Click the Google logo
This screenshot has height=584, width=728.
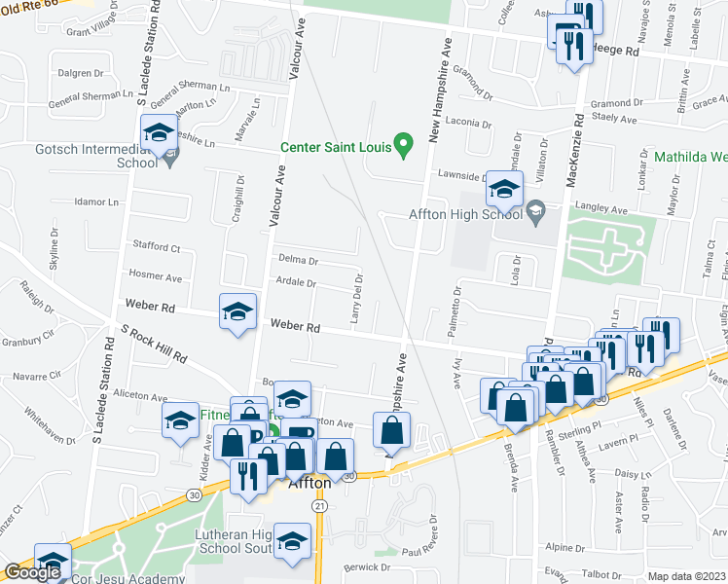click(x=32, y=572)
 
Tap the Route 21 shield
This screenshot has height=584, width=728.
click(x=319, y=506)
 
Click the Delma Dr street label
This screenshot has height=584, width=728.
click(x=298, y=260)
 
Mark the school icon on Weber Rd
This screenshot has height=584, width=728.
click(x=237, y=311)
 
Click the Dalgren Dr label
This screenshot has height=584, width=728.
click(x=81, y=73)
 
